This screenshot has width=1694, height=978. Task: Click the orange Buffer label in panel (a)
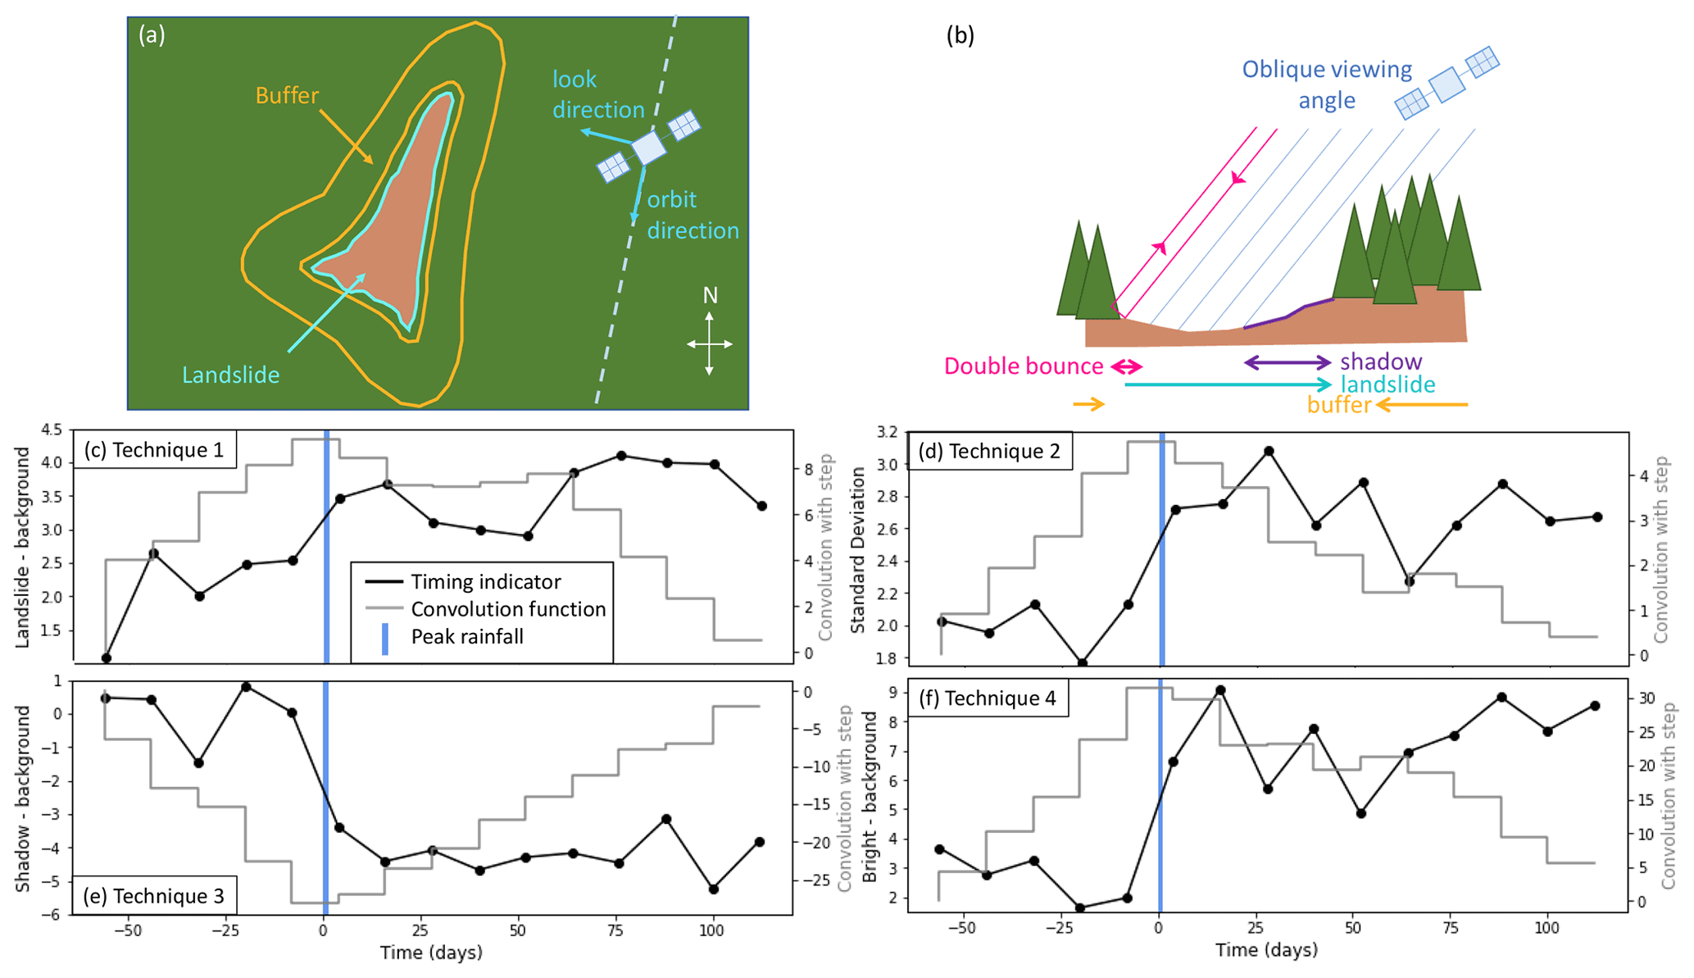point(287,96)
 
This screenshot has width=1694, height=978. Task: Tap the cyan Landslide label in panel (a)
point(230,375)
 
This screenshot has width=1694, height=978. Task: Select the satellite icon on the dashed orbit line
point(648,148)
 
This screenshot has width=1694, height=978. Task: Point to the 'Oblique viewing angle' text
point(1327,84)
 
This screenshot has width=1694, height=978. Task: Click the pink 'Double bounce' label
point(1023,366)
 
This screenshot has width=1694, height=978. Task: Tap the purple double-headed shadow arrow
point(1288,362)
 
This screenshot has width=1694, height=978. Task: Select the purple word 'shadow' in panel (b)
point(1381,362)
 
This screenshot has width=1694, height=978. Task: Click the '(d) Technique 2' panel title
point(989,451)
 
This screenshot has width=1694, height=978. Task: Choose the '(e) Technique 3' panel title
point(154,896)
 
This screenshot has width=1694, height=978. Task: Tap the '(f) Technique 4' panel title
point(988,698)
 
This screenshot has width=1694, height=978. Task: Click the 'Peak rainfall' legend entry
point(467,637)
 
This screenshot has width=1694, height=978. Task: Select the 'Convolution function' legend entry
point(508,609)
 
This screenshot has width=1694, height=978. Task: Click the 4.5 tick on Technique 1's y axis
point(51,430)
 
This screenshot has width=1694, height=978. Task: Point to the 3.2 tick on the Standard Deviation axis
point(887,432)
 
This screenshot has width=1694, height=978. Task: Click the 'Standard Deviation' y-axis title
point(858,550)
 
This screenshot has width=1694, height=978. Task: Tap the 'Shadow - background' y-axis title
point(23,798)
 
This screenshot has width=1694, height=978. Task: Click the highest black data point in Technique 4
point(1220,691)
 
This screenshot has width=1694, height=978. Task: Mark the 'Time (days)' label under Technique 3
point(431,953)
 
